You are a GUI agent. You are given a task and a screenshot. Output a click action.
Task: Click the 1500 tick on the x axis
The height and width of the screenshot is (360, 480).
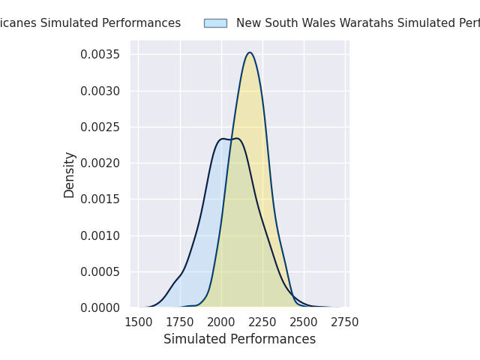click(x=138, y=322)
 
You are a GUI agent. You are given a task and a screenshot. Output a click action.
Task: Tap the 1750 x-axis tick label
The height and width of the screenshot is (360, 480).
click(x=180, y=322)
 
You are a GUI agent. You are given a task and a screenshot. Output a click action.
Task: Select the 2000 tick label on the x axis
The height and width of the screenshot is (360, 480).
click(x=221, y=322)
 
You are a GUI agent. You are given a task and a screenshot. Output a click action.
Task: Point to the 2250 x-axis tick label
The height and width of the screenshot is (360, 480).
click(x=262, y=322)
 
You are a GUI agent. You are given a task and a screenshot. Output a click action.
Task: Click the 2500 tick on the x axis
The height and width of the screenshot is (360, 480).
click(x=304, y=322)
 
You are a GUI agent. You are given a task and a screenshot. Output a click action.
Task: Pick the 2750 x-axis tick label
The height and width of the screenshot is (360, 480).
click(x=345, y=322)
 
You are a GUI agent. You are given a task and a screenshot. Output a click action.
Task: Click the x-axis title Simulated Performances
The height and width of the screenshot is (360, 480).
click(x=239, y=339)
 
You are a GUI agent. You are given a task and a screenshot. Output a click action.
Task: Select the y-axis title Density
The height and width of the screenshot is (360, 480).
click(x=70, y=175)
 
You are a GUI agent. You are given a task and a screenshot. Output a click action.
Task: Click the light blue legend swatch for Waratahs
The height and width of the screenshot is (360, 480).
click(x=215, y=23)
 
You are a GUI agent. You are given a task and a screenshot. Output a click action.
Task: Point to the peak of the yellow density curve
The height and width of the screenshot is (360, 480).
click(x=250, y=52)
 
